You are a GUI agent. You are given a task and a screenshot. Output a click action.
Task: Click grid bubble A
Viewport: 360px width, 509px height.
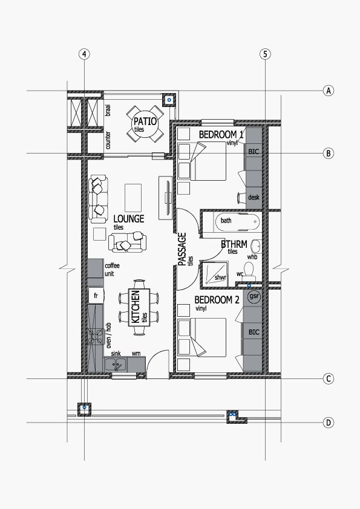point(329,91)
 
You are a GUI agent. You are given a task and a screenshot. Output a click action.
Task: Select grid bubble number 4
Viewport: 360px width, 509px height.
point(84,54)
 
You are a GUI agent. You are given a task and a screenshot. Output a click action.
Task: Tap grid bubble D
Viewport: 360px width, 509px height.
point(329,423)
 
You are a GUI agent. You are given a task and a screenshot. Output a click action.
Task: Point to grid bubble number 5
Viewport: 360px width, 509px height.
point(265,54)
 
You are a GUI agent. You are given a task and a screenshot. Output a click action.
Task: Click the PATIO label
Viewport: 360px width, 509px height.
point(145,122)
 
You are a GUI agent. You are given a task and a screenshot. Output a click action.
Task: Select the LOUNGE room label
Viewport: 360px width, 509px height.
point(129,219)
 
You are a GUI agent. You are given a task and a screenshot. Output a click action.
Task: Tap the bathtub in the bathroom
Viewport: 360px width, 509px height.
point(238,222)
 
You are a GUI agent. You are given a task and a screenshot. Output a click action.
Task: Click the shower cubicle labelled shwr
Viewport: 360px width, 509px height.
point(214,274)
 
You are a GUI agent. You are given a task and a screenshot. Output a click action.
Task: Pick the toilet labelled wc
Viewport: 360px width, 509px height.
point(249,271)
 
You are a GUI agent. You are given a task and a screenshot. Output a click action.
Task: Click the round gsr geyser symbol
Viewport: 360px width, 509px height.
point(254,296)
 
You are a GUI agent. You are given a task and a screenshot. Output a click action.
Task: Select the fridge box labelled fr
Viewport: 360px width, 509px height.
point(96,296)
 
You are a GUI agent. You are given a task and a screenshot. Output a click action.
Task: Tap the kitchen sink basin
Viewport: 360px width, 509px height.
point(116,365)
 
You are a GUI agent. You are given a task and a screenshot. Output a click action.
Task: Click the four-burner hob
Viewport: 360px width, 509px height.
point(96,337)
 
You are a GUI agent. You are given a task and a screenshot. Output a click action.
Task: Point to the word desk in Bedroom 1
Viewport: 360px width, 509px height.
point(254,197)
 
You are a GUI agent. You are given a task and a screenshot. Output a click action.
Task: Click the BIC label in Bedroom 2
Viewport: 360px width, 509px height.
point(254,332)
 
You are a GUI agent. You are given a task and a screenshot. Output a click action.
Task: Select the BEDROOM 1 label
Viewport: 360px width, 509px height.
point(221,134)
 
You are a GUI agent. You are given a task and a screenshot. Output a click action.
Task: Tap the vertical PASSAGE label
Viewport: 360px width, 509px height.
point(183,249)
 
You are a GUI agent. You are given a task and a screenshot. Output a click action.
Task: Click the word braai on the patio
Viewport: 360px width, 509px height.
point(108,111)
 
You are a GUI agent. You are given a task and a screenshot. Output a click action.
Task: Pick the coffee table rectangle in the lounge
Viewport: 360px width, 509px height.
point(133,198)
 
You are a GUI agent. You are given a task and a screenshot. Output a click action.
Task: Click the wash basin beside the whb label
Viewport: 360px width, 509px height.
point(257,247)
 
